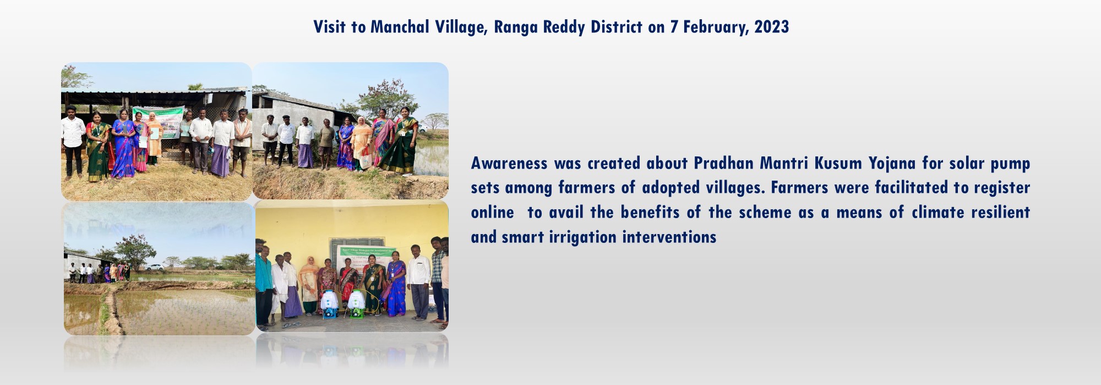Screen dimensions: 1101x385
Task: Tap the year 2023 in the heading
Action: [x=771, y=27]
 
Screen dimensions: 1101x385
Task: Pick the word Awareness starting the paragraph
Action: [x=509, y=164]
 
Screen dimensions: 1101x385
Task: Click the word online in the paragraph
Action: [x=492, y=213]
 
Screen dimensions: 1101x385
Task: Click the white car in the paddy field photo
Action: [x=154, y=267]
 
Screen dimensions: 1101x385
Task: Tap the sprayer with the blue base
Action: [x=329, y=304]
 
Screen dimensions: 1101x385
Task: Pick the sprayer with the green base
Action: [x=356, y=304]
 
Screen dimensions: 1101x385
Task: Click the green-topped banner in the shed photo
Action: [x=159, y=121]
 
